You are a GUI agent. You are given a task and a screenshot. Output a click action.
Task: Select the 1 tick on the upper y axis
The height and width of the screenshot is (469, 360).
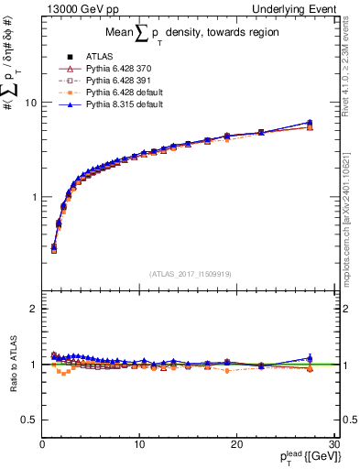click(x=34, y=197)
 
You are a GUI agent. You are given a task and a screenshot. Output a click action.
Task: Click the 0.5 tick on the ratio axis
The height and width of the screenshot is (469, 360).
click(x=30, y=420)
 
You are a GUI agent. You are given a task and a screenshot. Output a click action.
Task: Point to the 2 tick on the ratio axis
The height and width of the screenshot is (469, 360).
click(x=34, y=309)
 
